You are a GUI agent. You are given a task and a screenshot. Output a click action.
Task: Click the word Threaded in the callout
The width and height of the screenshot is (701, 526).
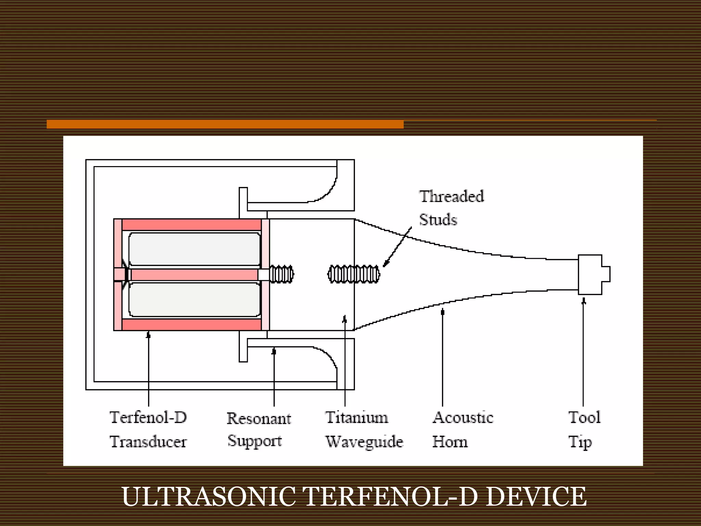[451, 197]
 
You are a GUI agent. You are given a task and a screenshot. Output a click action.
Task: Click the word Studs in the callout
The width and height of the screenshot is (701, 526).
[438, 220]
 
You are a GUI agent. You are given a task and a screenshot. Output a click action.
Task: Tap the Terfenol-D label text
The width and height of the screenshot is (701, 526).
[148, 417]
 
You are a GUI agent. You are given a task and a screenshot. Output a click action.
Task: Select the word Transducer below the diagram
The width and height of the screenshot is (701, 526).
[148, 442]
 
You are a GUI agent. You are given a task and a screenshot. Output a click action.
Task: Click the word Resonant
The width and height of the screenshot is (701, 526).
[259, 418]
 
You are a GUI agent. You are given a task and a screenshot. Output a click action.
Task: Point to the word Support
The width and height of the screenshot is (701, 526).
[255, 441]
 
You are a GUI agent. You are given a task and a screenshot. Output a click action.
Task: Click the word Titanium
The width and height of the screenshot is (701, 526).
[357, 417]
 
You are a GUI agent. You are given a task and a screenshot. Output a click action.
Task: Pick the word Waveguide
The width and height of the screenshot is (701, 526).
[364, 442]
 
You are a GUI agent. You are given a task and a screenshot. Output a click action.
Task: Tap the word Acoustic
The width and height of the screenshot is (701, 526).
[463, 417]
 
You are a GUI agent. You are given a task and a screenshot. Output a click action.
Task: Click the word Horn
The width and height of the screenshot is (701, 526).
[450, 442]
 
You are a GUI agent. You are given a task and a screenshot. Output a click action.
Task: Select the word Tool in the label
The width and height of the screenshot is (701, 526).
[584, 417]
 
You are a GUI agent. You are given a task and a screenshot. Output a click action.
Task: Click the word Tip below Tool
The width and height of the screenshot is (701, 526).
[580, 442]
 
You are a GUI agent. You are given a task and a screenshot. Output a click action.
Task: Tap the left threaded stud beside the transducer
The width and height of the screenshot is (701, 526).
[281, 274]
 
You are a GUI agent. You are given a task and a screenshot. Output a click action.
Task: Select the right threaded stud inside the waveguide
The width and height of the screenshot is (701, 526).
[354, 274]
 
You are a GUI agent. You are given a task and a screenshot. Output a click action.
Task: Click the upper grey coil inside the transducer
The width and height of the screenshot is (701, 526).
[194, 249]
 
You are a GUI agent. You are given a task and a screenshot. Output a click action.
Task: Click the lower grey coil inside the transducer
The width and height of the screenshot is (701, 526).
[194, 300]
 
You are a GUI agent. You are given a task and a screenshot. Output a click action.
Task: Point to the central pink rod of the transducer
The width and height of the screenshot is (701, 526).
[194, 275]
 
